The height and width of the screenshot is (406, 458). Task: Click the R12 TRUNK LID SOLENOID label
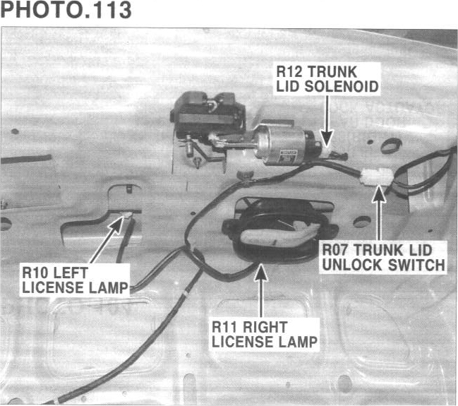click(327, 78)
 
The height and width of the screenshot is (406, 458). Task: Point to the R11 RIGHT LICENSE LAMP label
click(264, 334)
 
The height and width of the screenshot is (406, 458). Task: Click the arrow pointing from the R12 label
click(326, 120)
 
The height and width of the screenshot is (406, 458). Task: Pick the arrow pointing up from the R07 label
click(380, 212)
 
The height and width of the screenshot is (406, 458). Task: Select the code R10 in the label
click(36, 271)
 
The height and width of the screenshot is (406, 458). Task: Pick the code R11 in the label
click(227, 327)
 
